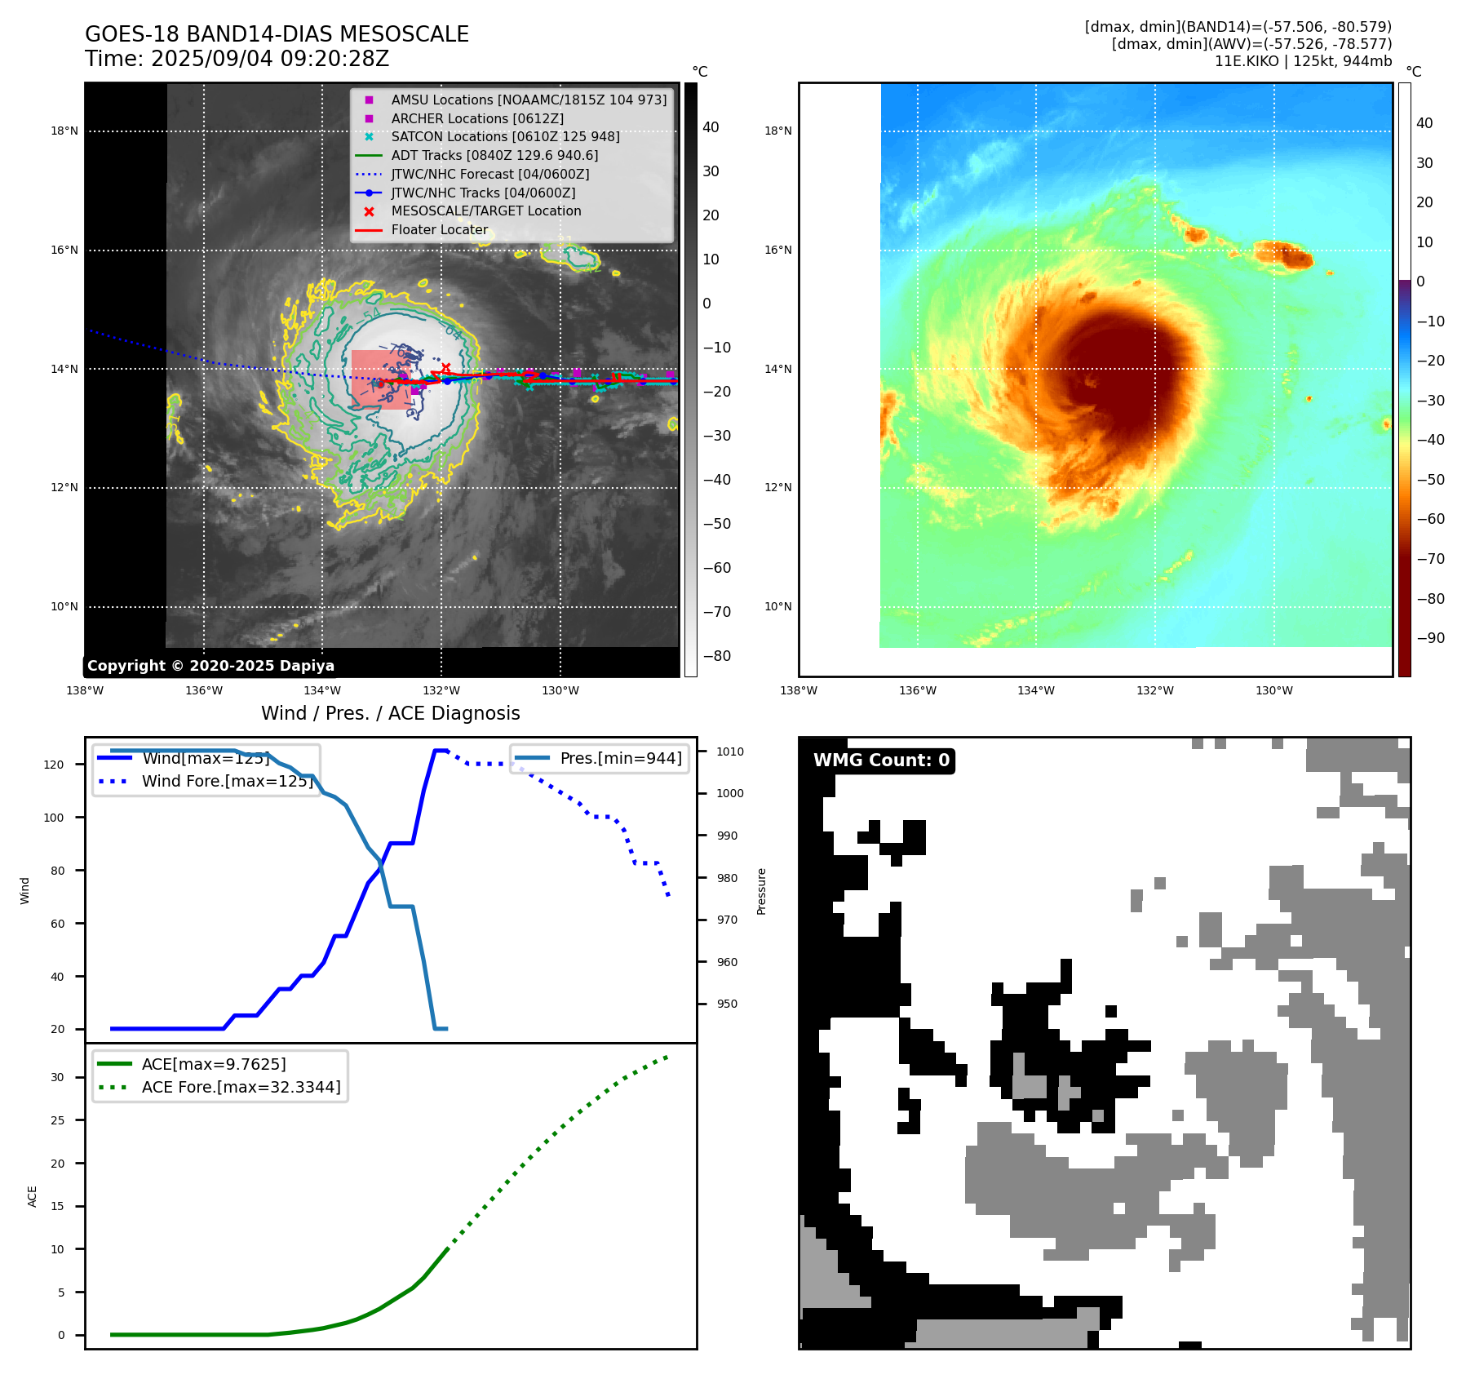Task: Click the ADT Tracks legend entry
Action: click(x=494, y=155)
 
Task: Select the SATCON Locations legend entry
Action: click(x=505, y=136)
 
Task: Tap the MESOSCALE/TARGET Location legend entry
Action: click(x=486, y=211)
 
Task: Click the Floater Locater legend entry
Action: click(x=439, y=229)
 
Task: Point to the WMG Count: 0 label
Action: click(x=881, y=760)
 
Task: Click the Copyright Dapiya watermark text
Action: click(x=210, y=666)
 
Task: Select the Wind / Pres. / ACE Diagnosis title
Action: click(x=390, y=713)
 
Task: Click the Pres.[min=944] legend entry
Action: click(x=620, y=758)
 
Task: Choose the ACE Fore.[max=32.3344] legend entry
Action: click(x=241, y=1087)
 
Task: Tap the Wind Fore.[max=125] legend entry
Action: click(x=227, y=781)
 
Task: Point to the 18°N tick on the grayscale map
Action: click(x=64, y=131)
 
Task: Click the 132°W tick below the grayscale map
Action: click(x=441, y=690)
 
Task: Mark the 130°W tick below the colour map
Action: click(x=1273, y=690)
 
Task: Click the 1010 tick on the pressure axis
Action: click(x=730, y=752)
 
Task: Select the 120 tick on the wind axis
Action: click(x=54, y=765)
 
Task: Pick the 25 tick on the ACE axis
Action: click(x=57, y=1120)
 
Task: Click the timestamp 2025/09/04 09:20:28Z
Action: click(x=270, y=59)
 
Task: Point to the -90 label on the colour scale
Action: click(x=1430, y=638)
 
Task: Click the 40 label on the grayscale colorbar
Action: click(x=711, y=127)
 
